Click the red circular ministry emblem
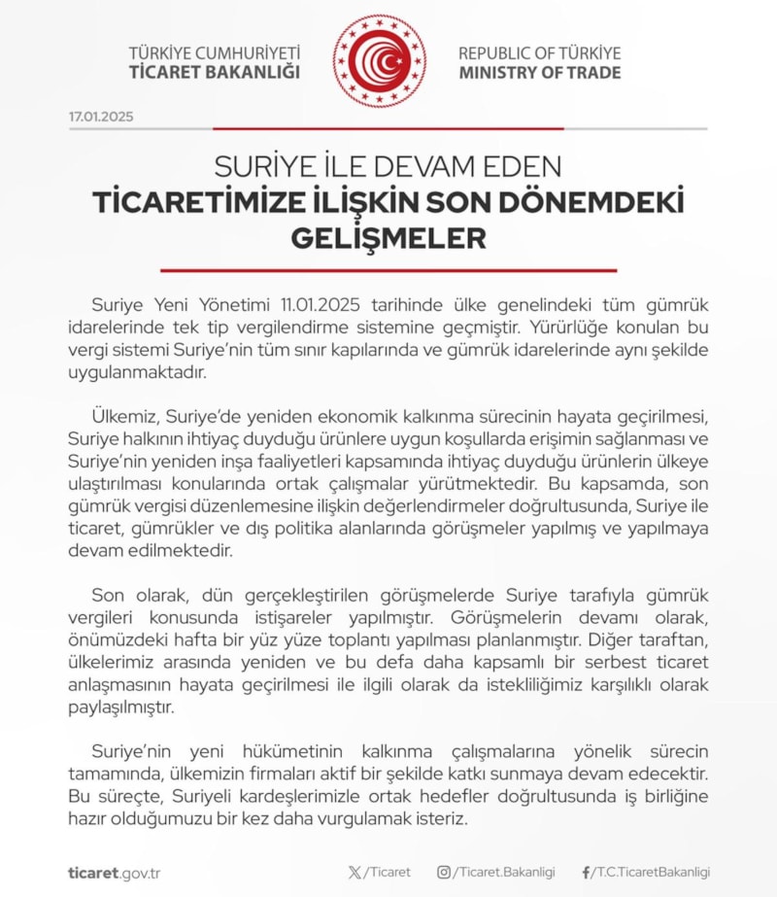coord(380,61)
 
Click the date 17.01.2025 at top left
coord(101,117)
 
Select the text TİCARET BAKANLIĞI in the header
coord(215,73)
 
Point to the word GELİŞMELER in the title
coord(388,238)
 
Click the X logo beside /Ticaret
coord(355,873)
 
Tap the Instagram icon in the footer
coord(444,873)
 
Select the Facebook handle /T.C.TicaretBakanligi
coord(652,873)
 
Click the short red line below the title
coord(388,270)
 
